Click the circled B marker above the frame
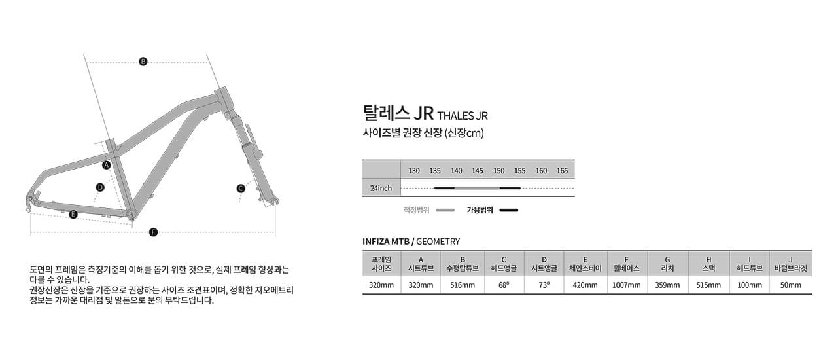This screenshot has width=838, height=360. [143, 62]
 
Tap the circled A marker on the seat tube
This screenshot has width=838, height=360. [107, 165]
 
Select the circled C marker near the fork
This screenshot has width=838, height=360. [241, 189]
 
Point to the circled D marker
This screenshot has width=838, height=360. [100, 187]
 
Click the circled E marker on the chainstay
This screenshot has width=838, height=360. [73, 215]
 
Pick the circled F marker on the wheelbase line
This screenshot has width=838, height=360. [153, 232]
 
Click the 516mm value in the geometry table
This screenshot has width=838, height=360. [463, 285]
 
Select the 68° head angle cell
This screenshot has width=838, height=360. [504, 285]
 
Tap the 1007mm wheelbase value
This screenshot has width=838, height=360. [626, 285]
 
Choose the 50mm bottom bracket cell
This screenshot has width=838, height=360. [790, 285]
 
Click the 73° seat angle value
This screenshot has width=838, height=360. [544, 285]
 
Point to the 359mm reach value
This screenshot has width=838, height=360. [667, 285]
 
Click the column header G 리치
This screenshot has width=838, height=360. [667, 264]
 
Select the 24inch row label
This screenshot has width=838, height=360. [381, 189]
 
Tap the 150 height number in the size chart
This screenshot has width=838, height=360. [498, 171]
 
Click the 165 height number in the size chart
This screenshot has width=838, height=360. [563, 171]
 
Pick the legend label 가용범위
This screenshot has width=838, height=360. [480, 210]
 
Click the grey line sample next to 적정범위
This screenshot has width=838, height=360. [445, 210]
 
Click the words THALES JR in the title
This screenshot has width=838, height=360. [463, 116]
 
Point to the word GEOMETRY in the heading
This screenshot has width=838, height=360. [438, 242]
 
